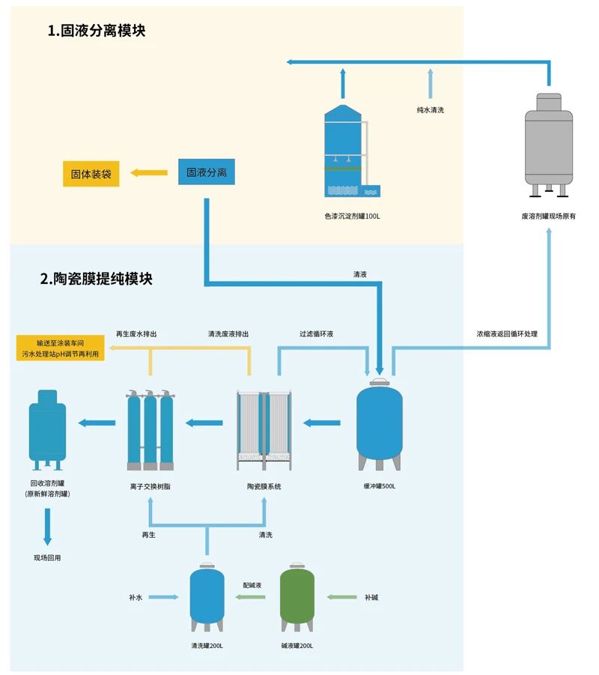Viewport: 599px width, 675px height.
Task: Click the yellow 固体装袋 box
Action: [91, 174]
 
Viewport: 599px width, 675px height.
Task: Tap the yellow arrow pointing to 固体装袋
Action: [148, 173]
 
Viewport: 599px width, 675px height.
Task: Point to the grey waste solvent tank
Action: [549, 145]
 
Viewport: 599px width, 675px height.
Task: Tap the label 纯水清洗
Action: [431, 110]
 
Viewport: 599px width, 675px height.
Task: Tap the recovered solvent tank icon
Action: [48, 427]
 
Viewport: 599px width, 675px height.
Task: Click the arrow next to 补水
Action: [164, 597]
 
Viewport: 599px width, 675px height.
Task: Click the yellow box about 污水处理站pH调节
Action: [60, 349]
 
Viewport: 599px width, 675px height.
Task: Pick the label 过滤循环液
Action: [316, 334]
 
